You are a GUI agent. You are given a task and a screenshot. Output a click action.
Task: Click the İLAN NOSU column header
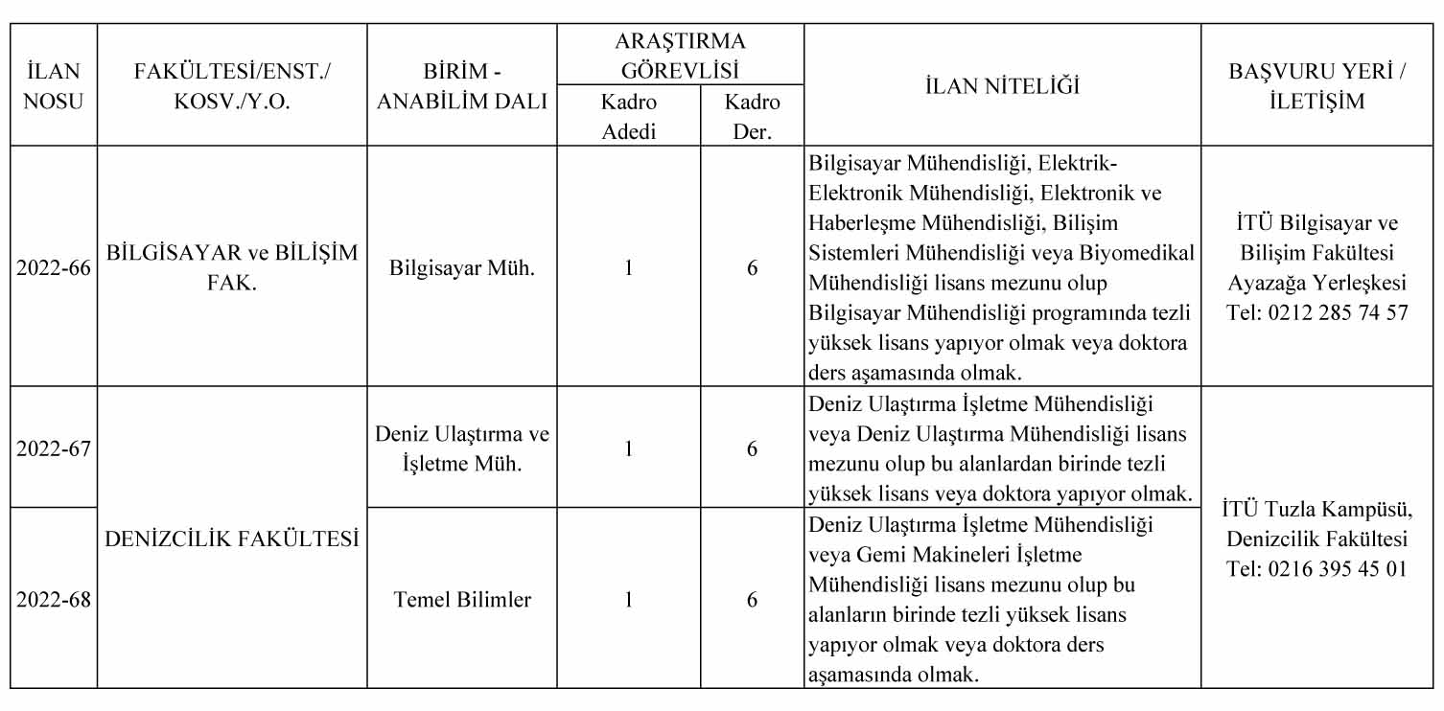coord(53,86)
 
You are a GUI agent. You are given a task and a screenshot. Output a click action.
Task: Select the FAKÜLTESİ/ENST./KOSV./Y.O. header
coord(232,86)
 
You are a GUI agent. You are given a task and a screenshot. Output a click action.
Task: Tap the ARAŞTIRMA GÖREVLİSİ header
coord(680,56)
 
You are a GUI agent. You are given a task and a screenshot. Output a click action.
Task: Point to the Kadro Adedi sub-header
coord(628,116)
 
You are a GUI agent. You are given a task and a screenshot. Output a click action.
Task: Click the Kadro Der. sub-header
coord(752,116)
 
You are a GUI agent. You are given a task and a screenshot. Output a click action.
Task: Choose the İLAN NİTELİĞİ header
coord(1002,86)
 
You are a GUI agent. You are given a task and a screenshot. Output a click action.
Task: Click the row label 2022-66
coord(53,268)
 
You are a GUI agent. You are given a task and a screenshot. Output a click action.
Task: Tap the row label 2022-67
coord(53,448)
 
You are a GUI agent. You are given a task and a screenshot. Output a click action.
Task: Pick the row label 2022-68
coord(53,600)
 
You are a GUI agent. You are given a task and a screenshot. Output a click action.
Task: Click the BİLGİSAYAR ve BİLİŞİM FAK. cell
coord(232,268)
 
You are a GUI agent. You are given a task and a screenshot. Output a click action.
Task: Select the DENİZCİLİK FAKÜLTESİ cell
coord(232,539)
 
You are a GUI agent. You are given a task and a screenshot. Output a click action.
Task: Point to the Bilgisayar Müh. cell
coord(461,268)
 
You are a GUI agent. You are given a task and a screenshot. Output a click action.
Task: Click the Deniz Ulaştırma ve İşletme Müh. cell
coord(461,448)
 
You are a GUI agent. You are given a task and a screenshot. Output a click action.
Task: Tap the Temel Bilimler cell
coord(461,600)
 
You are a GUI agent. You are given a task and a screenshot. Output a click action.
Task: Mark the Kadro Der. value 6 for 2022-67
coord(752,448)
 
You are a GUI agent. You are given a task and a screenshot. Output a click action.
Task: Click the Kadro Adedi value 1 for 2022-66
coord(628,268)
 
